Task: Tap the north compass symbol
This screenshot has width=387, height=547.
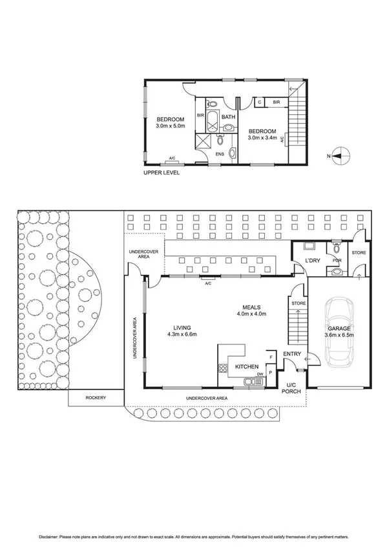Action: [x=340, y=155]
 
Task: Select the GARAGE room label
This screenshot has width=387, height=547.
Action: [x=339, y=328]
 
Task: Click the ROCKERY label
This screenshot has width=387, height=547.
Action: [x=95, y=398]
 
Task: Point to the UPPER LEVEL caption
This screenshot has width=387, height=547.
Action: [x=162, y=173]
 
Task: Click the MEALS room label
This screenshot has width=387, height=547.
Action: [x=251, y=307]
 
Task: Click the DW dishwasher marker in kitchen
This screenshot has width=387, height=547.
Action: [x=260, y=374]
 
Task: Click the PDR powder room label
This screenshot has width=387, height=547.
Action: [x=335, y=261]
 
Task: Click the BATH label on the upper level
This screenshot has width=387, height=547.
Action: [x=228, y=117]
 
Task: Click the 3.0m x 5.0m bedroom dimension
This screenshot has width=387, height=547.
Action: [x=170, y=126]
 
